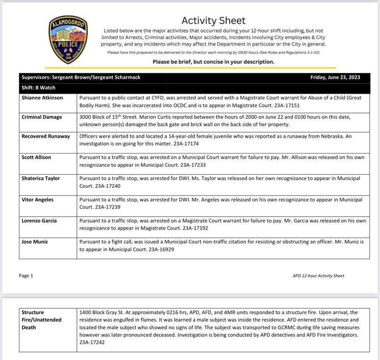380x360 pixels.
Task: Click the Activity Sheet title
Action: [213, 20]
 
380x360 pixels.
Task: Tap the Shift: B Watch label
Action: [38, 88]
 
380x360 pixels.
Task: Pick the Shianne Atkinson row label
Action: [42, 98]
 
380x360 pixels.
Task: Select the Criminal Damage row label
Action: [42, 117]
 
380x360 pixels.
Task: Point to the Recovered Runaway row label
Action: [46, 136]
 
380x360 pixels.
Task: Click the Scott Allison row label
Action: [36, 157]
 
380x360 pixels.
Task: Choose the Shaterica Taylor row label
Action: [41, 178]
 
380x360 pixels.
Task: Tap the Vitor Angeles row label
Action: [37, 200]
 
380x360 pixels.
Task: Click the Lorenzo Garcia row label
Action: [39, 221]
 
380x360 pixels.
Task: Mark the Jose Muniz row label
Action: [35, 242]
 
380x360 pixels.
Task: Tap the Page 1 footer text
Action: [26, 276]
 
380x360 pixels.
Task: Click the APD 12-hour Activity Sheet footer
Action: [318, 276]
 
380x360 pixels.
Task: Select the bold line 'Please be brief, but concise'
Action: [213, 61]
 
